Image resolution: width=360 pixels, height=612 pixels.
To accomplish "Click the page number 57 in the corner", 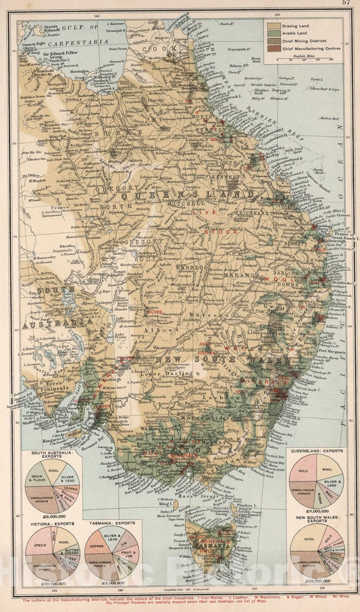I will (346, 4).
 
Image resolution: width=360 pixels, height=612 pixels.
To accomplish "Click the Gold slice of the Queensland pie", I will (302, 468).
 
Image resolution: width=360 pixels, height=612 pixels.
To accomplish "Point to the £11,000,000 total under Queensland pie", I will (316, 512).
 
